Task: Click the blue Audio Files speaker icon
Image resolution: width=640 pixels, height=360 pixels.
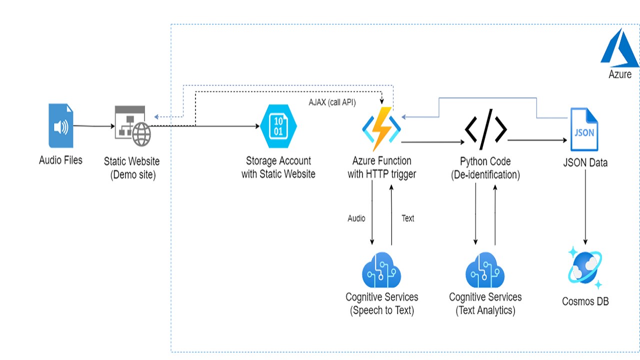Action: [60, 125]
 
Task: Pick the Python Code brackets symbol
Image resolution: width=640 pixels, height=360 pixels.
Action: [485, 129]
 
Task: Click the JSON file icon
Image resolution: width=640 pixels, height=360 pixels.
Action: [584, 129]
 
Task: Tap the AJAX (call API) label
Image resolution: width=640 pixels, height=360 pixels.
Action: [332, 102]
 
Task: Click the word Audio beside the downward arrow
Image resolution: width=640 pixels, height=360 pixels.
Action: [356, 218]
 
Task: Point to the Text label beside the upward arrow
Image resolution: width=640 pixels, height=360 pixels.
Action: [408, 218]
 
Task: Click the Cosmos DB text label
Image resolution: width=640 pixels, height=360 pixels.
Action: [585, 301]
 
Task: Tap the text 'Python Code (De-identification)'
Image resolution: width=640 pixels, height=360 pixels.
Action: [485, 168]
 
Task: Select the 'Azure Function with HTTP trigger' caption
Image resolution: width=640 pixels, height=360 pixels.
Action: [382, 167]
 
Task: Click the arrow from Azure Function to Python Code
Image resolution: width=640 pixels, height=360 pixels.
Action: [432, 142]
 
